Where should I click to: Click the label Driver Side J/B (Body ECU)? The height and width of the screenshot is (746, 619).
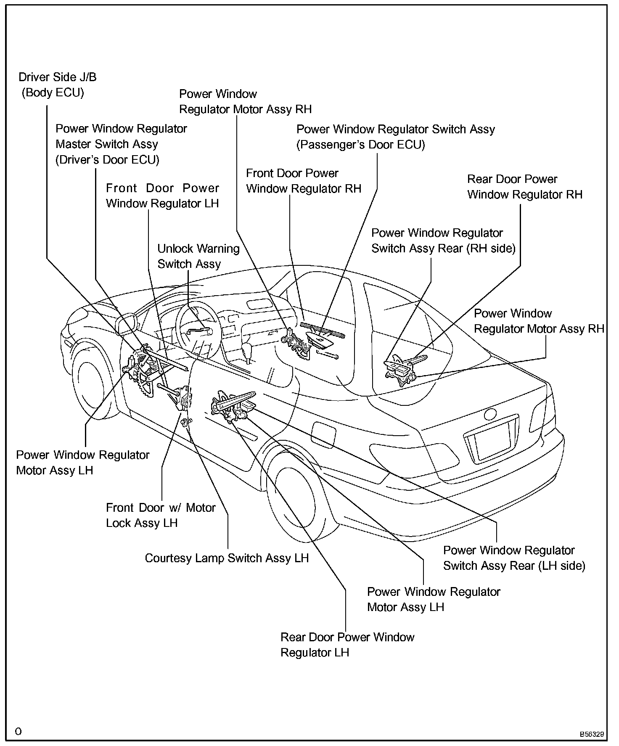pos(57,85)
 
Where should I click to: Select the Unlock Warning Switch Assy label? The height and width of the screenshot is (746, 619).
pos(198,256)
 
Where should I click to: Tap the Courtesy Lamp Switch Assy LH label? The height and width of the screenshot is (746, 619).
pos(227,558)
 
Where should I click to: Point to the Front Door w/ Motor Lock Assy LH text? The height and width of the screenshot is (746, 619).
pos(161,515)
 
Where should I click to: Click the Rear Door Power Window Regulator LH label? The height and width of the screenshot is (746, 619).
pos(347,645)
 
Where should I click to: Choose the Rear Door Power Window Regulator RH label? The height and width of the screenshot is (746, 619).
pos(524,187)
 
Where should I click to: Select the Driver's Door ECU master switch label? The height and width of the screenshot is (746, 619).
pos(121,144)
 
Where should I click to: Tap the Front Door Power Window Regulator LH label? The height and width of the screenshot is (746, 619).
pos(162,196)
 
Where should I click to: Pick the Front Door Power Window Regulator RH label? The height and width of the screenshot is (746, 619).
pos(303,181)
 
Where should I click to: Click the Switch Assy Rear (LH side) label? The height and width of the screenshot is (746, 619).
pos(514,558)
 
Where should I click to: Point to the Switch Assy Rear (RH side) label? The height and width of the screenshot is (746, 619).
pos(443,241)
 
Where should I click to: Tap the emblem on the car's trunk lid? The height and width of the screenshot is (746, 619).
pos(490,414)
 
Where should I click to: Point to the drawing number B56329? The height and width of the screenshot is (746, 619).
pos(592,735)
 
